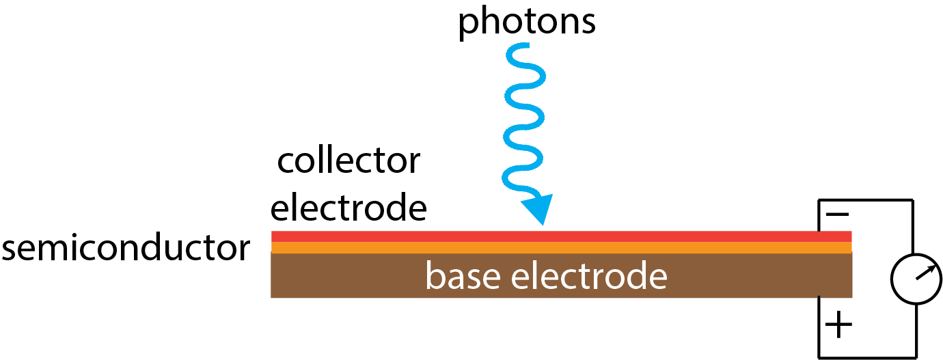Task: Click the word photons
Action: pos(526,22)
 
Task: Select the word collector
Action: pos(348,161)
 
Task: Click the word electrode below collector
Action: pos(348,206)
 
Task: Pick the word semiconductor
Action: pos(126,249)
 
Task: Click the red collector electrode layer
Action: pos(560,236)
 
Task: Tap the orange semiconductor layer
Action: pos(560,247)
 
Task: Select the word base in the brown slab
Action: pos(465,277)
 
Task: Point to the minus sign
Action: pos(838,214)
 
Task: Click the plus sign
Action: pos(838,326)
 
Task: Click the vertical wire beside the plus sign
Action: pos(819,327)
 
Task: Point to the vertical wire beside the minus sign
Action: pos(819,215)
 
